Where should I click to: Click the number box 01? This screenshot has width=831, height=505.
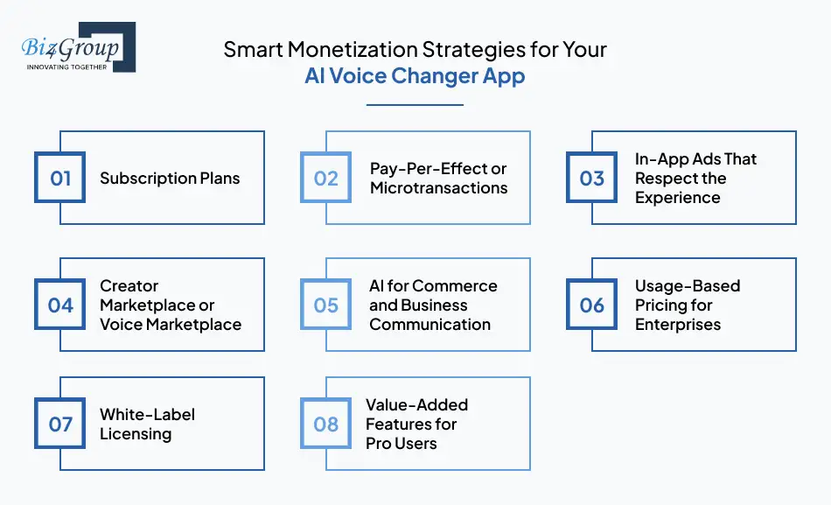pos(60,179)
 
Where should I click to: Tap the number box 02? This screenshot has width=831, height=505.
pos(326,179)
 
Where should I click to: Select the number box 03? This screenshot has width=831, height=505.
pos(592,179)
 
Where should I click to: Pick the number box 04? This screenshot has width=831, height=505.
pos(60,305)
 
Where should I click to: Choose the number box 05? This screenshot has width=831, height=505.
pos(326,305)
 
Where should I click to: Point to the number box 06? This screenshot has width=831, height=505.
pos(592,305)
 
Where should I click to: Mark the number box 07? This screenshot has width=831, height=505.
pos(60,424)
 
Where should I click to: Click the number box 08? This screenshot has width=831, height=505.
pos(326,424)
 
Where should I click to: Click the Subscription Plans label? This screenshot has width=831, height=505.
pos(170,179)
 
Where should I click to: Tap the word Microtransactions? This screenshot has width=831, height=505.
pos(438,188)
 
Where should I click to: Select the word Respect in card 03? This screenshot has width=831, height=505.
pos(663,179)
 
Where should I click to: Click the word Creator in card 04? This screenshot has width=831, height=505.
pos(129,286)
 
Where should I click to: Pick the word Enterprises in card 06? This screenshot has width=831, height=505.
pos(678,324)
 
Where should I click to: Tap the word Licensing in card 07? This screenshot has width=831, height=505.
pos(136,434)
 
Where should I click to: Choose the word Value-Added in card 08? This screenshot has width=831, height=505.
pos(417,405)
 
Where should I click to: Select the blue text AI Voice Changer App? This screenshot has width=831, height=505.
pos(415,76)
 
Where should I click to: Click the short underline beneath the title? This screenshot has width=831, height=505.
pos(415,105)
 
